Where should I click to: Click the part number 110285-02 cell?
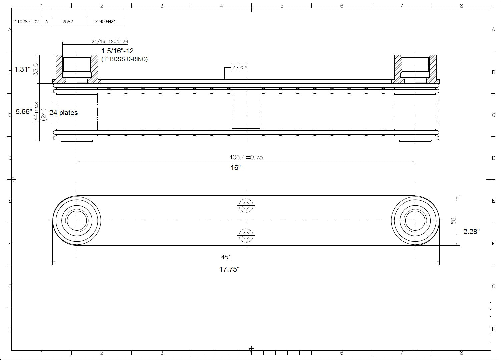[26, 22]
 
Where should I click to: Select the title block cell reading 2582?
[68, 22]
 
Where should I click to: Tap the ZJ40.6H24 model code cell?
[105, 22]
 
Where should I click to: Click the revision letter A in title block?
[47, 22]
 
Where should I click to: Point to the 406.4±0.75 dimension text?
[246, 157]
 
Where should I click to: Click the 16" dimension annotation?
[236, 168]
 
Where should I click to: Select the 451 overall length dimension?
[226, 257]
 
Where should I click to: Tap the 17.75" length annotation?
[229, 269]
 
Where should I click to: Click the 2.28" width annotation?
[471, 232]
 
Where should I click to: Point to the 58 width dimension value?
[453, 221]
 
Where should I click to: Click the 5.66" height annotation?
[24, 112]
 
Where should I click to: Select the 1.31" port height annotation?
[22, 70]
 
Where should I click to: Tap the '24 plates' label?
[63, 113]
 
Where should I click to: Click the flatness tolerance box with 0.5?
[240, 68]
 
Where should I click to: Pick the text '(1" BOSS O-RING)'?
[124, 59]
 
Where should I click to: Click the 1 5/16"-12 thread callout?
[117, 51]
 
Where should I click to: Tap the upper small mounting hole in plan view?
[246, 205]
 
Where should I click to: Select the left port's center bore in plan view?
[77, 221]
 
